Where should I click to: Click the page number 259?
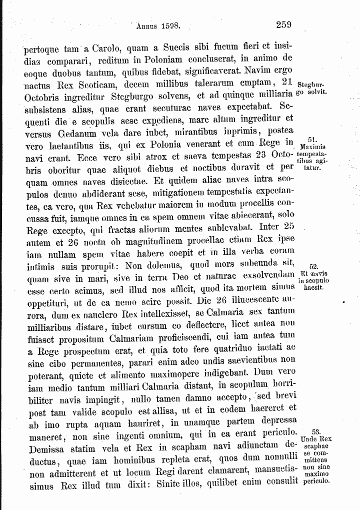(283, 24)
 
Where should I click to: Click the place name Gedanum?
(77, 134)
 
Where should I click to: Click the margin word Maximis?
(312, 147)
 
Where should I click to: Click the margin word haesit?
(313, 288)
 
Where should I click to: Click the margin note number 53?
(315, 431)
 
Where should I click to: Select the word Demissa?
(47, 447)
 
